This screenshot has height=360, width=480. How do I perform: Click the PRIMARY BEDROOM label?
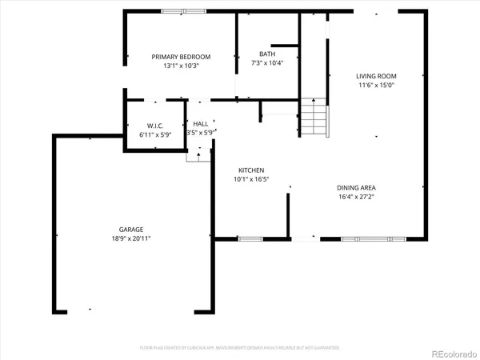[x=182, y=57]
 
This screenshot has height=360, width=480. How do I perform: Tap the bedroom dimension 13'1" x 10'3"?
[x=182, y=66]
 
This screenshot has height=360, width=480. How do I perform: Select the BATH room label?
[x=267, y=54]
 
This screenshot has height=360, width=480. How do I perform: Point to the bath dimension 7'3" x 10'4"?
[x=267, y=63]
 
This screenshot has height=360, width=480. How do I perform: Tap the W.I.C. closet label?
[x=155, y=126]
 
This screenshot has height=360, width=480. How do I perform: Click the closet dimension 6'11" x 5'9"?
[x=155, y=134]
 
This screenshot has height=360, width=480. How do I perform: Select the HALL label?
[x=200, y=124]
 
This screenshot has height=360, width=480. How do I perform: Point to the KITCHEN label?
[x=250, y=170]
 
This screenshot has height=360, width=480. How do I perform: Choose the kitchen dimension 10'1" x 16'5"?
[x=250, y=180]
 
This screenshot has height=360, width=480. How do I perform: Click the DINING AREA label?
[x=357, y=187]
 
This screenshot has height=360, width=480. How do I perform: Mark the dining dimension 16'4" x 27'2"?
[x=357, y=196]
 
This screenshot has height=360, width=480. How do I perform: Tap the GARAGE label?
[x=132, y=230]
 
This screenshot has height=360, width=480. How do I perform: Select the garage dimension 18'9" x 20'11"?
[x=132, y=238]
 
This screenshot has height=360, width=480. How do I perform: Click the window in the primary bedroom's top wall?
[x=182, y=11]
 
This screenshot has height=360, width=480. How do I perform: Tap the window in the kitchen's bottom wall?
[x=250, y=238]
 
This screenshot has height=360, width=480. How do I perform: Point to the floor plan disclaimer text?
[x=239, y=348]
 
